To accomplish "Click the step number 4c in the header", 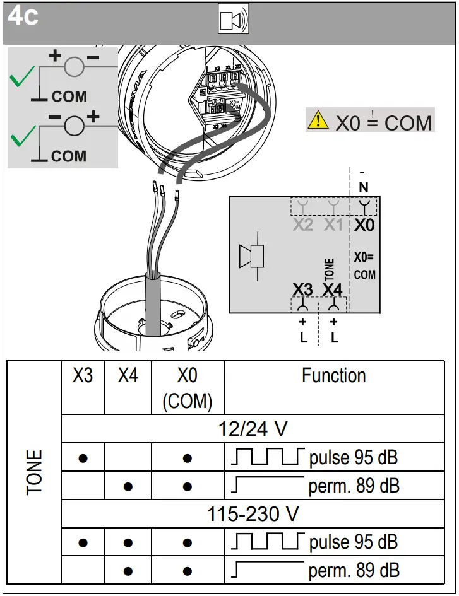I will click(23, 16).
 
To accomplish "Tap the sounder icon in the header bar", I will click(233, 20).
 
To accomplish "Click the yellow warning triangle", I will click(318, 119).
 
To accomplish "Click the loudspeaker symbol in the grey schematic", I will click(251, 257).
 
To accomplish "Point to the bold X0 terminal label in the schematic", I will click(364, 225).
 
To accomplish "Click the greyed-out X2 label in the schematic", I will click(302, 225).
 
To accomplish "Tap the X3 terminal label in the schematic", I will click(302, 289).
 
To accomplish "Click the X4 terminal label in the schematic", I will click(332, 289).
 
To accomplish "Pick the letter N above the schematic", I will click(363, 187).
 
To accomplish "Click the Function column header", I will click(333, 376).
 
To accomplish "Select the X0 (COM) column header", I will click(187, 388).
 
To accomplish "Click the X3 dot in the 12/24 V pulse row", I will click(83, 459).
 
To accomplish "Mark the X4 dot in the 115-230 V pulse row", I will click(128, 542).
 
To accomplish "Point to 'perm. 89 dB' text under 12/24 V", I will click(354, 486).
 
